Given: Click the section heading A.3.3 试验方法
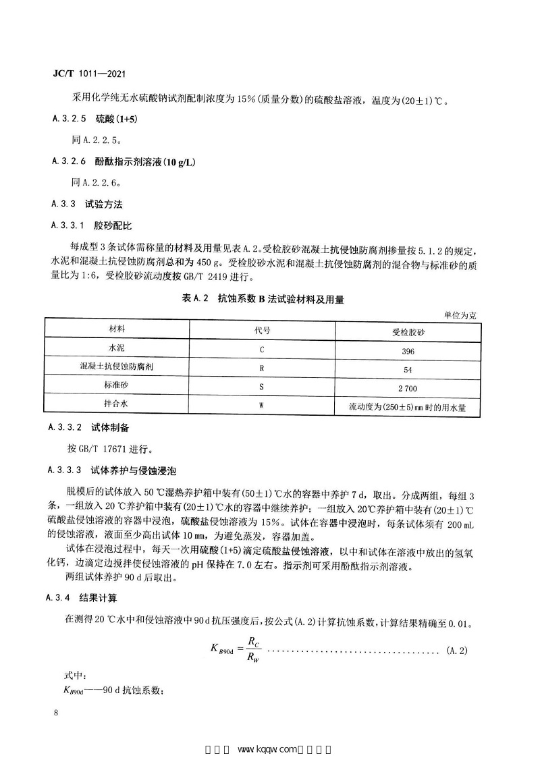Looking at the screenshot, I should tap(87, 204).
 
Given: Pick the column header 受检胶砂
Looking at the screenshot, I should tap(407, 331).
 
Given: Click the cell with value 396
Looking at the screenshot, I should tap(408, 351).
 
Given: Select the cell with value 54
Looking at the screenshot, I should tap(408, 370).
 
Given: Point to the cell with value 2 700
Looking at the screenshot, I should tap(408, 389).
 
